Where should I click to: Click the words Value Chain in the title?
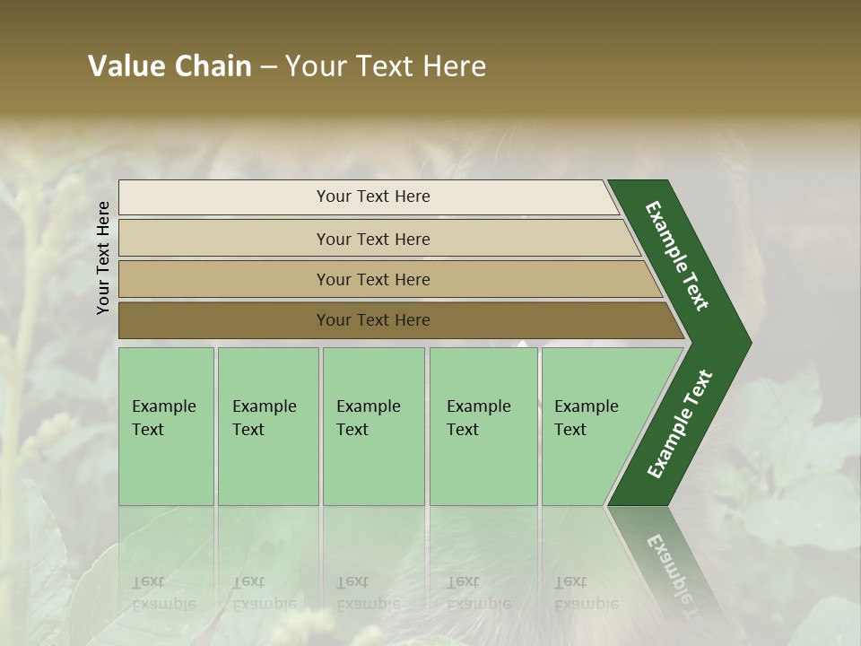click(170, 66)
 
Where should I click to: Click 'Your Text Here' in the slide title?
click(386, 66)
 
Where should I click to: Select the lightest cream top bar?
click(224, 197)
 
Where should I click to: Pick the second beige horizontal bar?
click(224, 239)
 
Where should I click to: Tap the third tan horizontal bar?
click(224, 279)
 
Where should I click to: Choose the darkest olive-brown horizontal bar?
click(224, 320)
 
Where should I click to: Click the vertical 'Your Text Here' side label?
click(103, 258)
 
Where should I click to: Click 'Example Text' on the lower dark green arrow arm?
click(680, 424)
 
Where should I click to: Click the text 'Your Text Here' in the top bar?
click(373, 196)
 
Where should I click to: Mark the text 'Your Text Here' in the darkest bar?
click(373, 320)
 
